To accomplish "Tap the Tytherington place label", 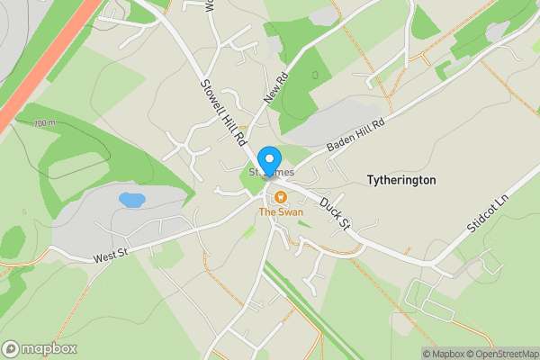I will tap(401, 180).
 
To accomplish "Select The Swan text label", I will tap(281, 212).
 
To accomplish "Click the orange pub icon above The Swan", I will tap(281, 197).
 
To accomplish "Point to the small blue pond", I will tap(131, 200).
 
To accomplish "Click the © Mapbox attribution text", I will tap(444, 354).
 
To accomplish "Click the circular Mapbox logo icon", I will tap(12, 348).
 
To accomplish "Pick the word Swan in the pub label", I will tap(291, 212).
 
